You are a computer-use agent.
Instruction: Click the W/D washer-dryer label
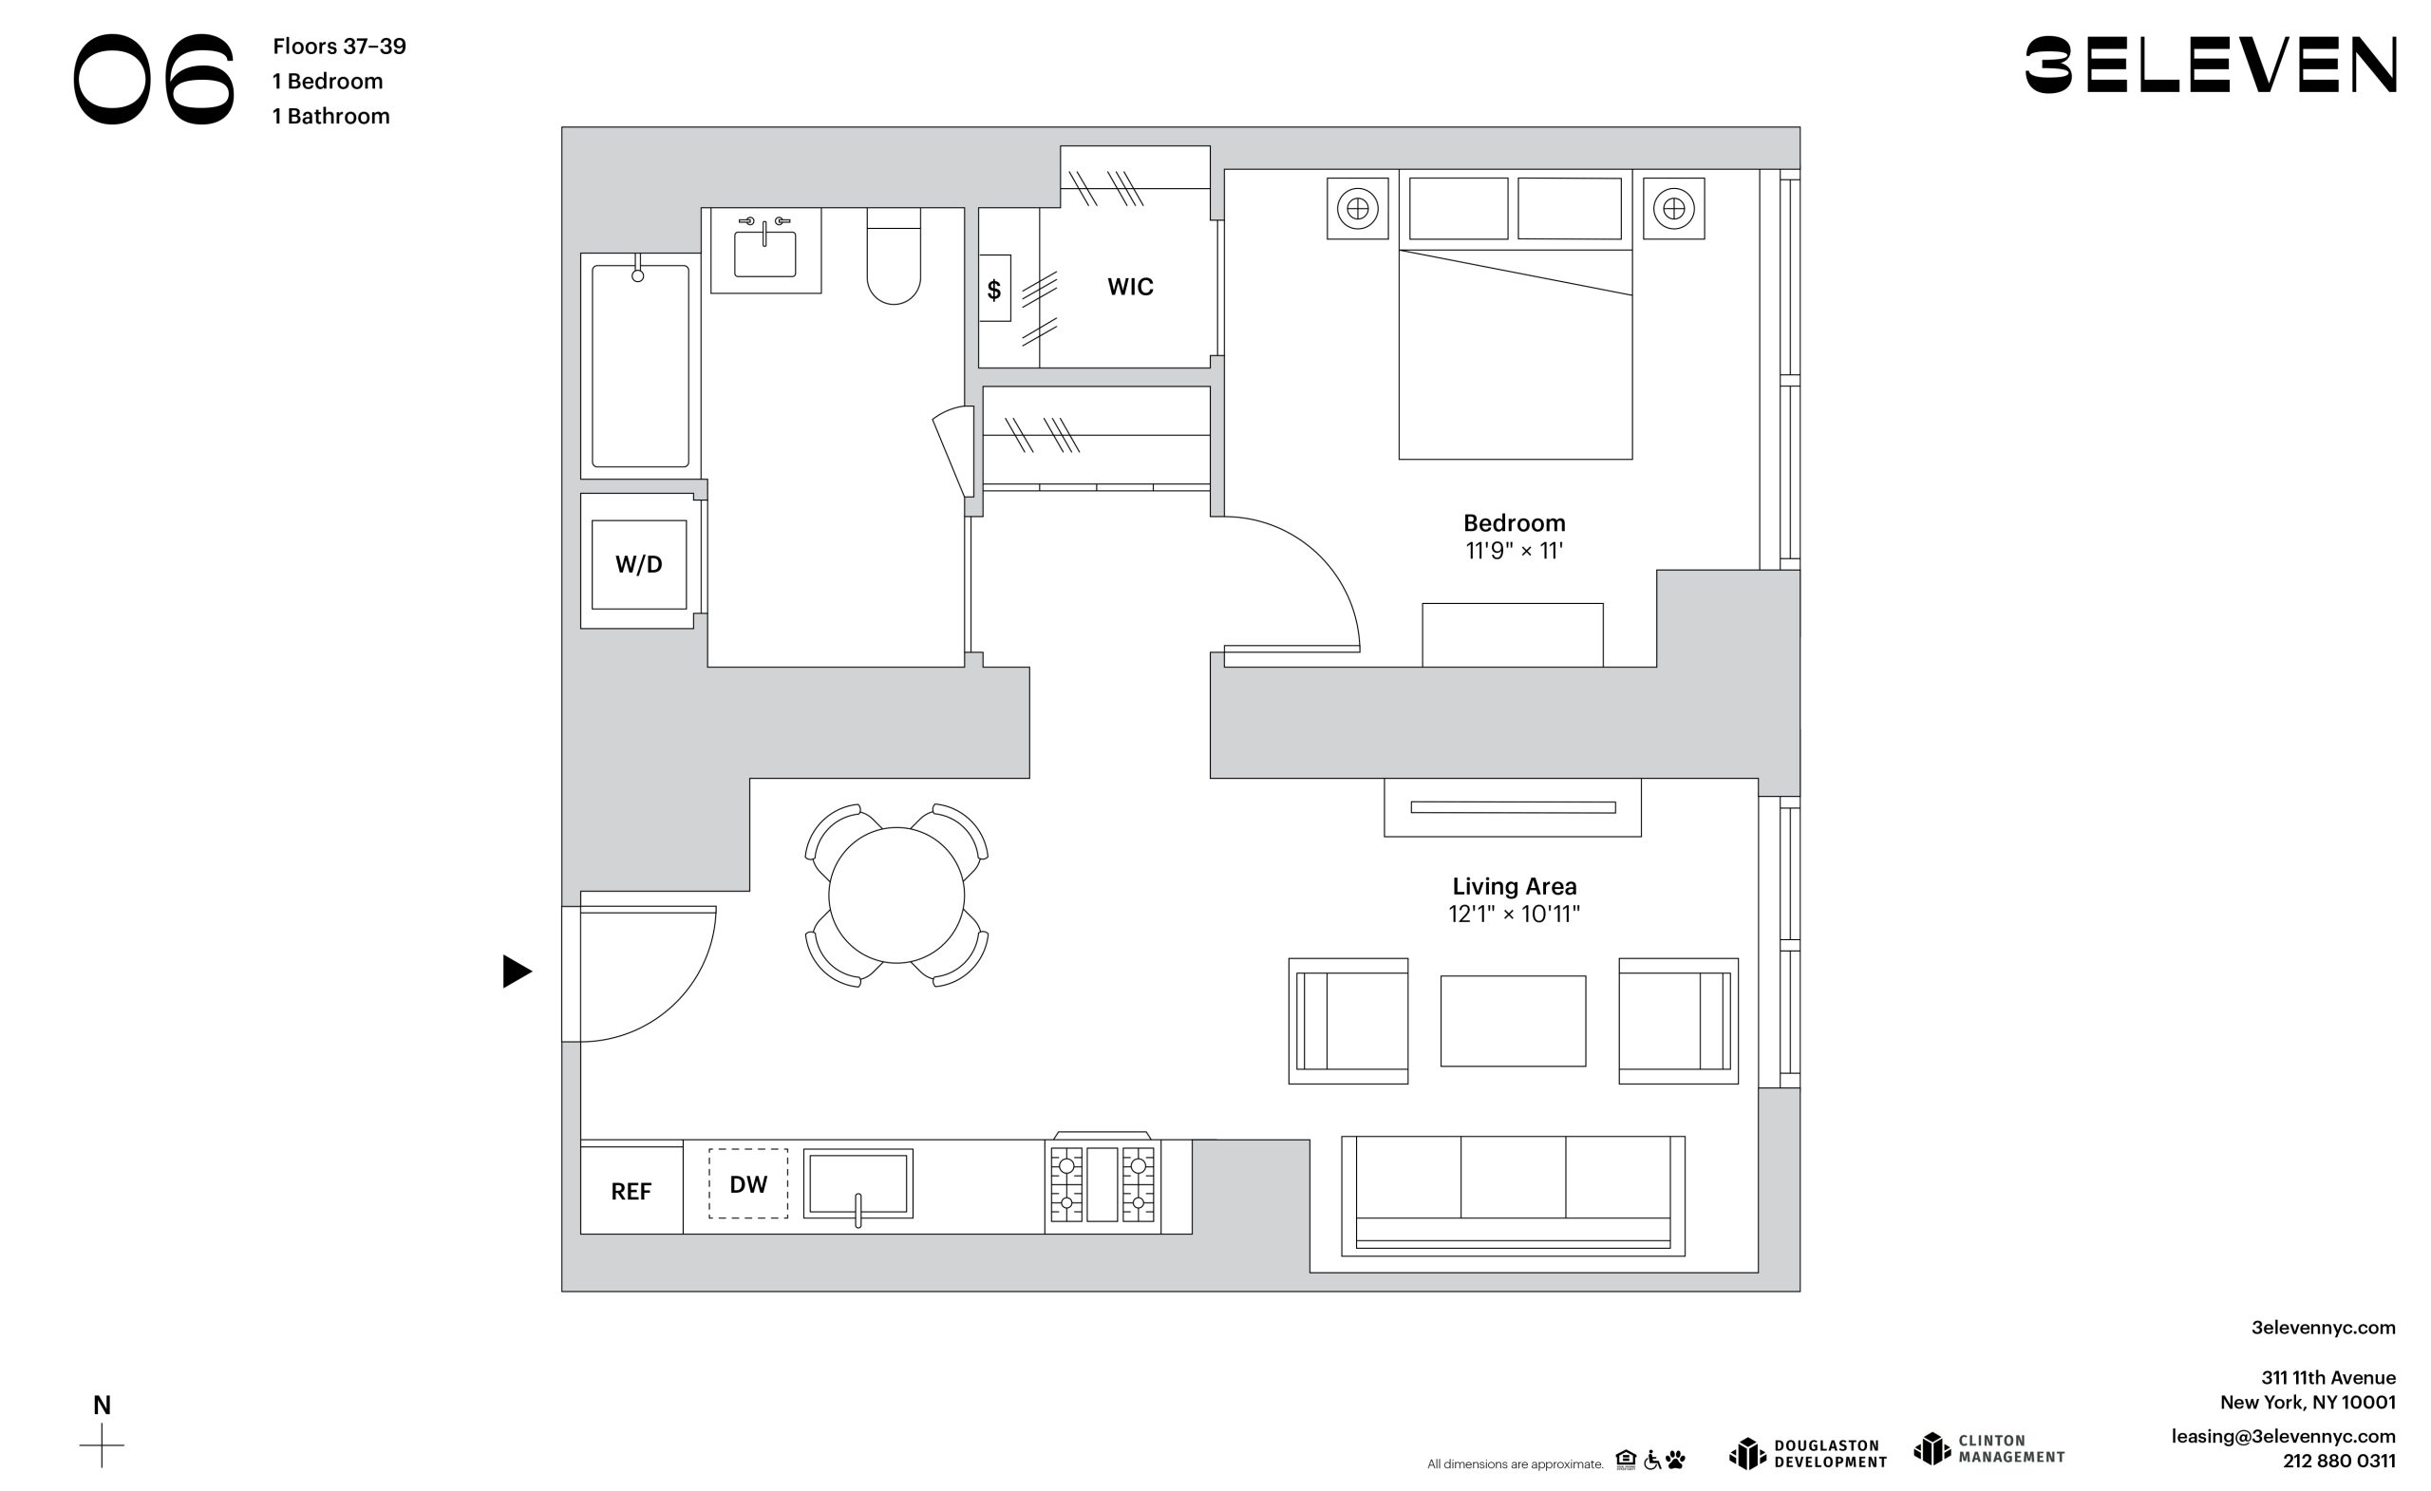click(x=638, y=564)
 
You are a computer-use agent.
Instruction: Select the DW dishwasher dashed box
click(x=748, y=1184)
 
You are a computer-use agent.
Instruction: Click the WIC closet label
click(x=1130, y=287)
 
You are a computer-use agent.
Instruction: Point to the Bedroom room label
click(x=1514, y=523)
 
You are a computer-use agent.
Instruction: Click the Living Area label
click(x=1515, y=886)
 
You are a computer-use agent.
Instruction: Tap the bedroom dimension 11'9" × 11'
click(x=1514, y=551)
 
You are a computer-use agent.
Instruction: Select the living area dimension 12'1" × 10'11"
click(x=1514, y=914)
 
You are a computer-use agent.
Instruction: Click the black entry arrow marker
click(x=516, y=971)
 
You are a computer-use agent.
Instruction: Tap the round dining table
click(x=895, y=895)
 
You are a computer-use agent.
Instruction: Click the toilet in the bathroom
click(x=894, y=255)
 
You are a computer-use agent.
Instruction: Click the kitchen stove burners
click(x=1102, y=1184)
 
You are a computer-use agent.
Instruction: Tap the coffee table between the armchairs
click(x=1513, y=1021)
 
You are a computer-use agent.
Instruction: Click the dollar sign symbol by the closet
click(x=993, y=289)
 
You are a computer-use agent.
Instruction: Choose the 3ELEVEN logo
click(x=2210, y=66)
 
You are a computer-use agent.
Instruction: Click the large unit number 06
click(x=155, y=79)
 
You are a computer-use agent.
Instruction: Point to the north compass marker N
click(x=102, y=1406)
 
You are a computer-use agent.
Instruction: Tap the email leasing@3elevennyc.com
click(x=2283, y=1437)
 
